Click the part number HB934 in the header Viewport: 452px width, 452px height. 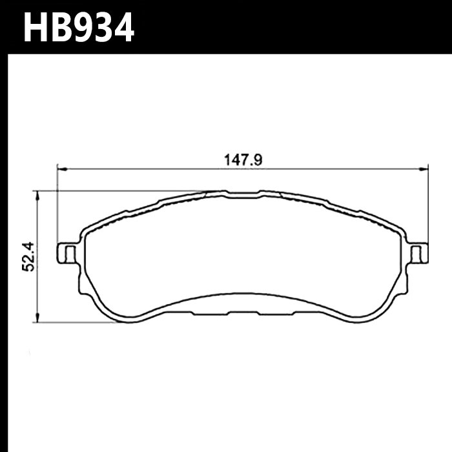[x=78, y=27]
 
